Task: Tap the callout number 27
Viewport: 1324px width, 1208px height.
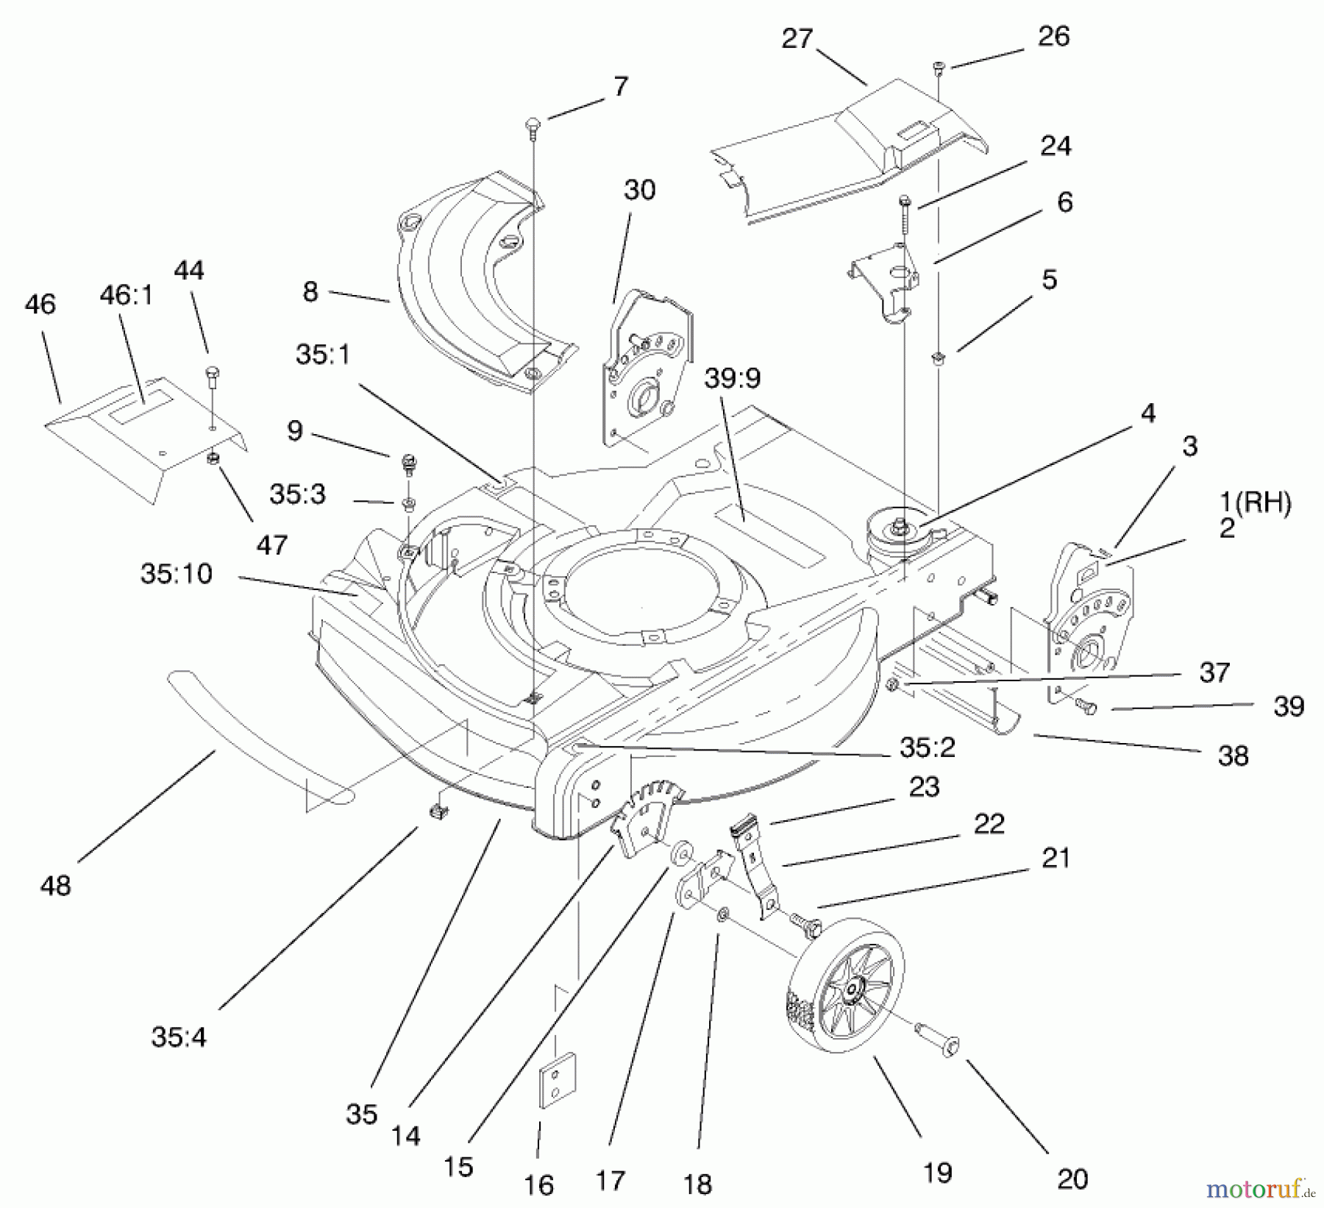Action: pos(796,39)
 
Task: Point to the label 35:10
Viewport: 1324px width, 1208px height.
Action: pos(177,574)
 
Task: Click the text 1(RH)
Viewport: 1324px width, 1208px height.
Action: pos(1255,502)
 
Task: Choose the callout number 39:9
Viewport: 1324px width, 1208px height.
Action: pos(732,379)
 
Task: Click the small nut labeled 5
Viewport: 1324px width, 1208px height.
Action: pos(939,358)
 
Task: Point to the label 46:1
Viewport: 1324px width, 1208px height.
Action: pos(126,296)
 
